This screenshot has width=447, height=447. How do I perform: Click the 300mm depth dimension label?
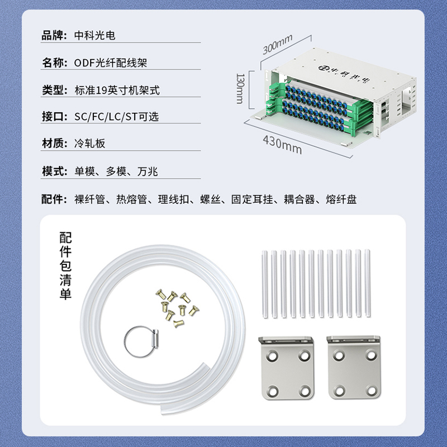click(x=277, y=44)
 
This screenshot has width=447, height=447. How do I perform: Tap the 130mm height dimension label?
click(x=240, y=89)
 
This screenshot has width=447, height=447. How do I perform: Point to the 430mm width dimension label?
click(x=282, y=145)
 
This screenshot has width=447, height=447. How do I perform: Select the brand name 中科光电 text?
click(x=94, y=35)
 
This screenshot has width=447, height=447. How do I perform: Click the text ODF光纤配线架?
click(x=110, y=63)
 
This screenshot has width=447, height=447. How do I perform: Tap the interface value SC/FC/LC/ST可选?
click(x=116, y=117)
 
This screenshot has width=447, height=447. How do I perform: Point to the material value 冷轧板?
click(x=90, y=143)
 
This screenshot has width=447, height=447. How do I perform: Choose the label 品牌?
click(x=54, y=35)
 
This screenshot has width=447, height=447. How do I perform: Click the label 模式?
click(x=54, y=171)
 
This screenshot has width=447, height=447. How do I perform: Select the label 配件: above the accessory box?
click(x=54, y=199)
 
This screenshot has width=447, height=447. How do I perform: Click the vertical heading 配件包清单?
click(x=65, y=266)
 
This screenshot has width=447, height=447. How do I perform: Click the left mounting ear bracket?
click(x=287, y=368)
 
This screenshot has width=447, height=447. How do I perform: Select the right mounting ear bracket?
click(x=354, y=368)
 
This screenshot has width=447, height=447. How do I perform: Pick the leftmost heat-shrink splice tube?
click(x=264, y=284)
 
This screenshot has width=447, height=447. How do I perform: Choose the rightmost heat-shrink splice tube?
click(x=367, y=283)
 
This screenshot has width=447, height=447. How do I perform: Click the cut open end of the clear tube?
click(x=164, y=411)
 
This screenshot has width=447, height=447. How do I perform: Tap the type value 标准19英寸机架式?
click(x=117, y=90)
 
